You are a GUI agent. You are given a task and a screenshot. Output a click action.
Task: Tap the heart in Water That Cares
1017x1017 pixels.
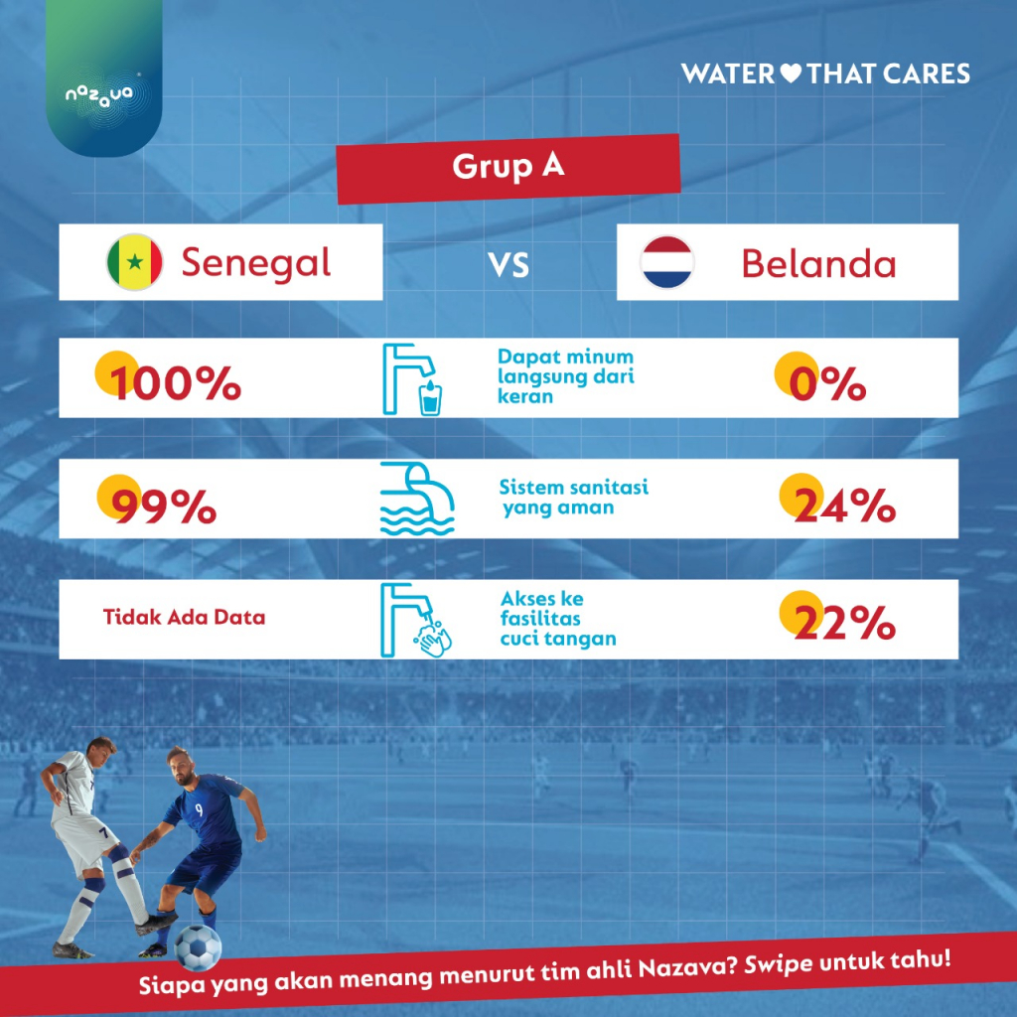click(791, 73)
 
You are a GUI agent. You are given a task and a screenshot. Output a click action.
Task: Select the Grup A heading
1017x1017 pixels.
click(508, 166)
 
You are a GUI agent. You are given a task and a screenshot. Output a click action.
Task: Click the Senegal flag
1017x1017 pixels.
click(135, 262)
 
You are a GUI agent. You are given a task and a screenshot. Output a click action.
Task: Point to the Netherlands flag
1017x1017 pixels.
click(666, 262)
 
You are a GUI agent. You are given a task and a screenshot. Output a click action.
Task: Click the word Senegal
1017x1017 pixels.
click(256, 262)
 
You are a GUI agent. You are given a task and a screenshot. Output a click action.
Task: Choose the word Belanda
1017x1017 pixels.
click(818, 263)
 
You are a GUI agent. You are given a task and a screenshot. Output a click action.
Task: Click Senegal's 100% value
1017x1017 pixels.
click(174, 382)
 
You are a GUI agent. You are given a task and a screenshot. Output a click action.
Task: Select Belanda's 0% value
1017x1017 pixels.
click(827, 384)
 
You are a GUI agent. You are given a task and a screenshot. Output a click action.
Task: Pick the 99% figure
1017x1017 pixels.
click(164, 506)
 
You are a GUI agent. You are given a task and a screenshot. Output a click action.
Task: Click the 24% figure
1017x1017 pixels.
click(844, 506)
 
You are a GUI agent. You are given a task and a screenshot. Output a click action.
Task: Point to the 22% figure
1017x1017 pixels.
click(844, 623)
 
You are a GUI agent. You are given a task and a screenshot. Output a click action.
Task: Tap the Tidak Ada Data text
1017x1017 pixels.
click(184, 617)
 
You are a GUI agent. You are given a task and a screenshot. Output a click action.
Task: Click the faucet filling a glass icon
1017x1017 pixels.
click(412, 379)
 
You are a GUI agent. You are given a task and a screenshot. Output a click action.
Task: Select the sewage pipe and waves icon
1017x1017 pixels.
click(417, 499)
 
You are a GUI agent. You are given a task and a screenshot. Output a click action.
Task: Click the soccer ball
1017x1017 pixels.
click(198, 947)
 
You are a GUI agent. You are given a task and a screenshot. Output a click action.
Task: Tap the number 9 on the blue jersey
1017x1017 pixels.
click(199, 810)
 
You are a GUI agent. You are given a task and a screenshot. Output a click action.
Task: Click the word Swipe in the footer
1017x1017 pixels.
click(778, 966)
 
